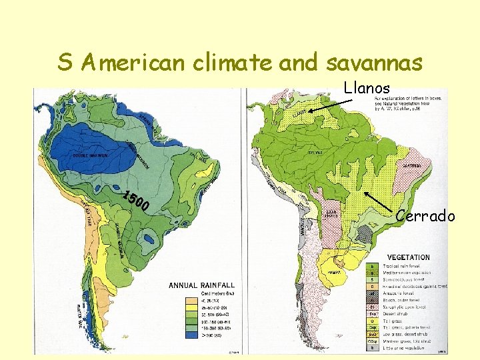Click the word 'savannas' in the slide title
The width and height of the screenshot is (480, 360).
374,63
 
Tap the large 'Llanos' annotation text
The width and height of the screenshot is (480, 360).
366,87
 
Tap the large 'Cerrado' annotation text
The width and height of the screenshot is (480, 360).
425,215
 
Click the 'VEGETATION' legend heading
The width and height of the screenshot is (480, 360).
407,257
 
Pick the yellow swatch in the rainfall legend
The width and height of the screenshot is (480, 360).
193,301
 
